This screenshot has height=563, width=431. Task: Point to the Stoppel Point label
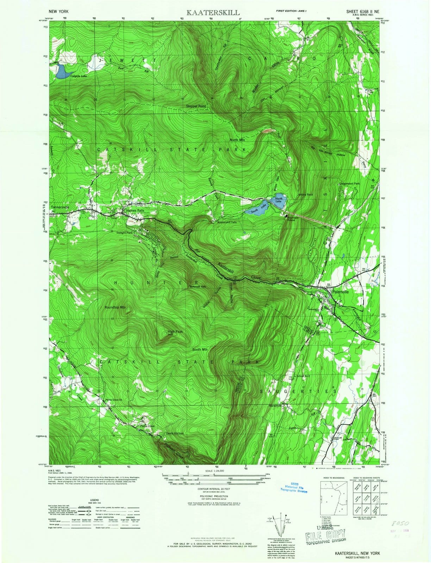point(201,106)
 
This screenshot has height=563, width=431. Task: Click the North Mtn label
point(237,140)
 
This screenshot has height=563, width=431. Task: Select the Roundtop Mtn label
point(115,308)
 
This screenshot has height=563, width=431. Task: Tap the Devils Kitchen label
point(175,433)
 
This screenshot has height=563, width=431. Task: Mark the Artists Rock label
point(305,194)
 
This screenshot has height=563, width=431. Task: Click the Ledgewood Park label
point(349,184)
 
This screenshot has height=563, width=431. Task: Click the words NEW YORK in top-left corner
point(59,11)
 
